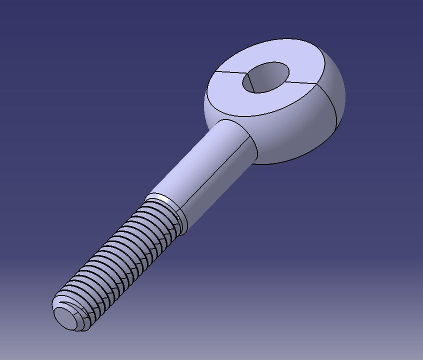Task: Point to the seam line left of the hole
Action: (x=227, y=73)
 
